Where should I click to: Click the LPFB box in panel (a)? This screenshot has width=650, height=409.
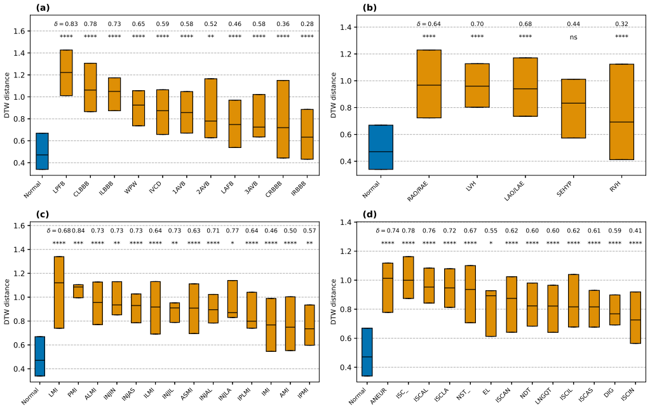(66, 73)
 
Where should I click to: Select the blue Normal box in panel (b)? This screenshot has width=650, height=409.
(381, 147)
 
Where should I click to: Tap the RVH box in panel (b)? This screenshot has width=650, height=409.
(622, 112)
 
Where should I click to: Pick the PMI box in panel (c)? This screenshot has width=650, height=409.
(78, 291)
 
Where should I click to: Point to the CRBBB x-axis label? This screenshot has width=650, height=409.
(275, 189)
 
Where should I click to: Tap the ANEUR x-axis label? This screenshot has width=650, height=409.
(379, 395)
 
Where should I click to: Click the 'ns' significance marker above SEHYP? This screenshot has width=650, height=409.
(573, 37)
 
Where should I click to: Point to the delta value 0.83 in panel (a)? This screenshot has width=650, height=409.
(71, 24)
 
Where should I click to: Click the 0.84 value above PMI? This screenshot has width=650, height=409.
(78, 231)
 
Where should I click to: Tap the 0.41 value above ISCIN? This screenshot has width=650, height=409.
(635, 231)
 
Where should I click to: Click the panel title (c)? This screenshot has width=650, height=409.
(43, 214)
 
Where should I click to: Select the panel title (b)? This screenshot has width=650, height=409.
(369, 8)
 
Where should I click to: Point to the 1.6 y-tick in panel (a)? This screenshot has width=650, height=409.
(20, 31)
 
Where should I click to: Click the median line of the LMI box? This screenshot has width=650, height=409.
(59, 283)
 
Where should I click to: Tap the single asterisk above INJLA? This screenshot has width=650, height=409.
(233, 243)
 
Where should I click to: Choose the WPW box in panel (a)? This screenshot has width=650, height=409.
(139, 108)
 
